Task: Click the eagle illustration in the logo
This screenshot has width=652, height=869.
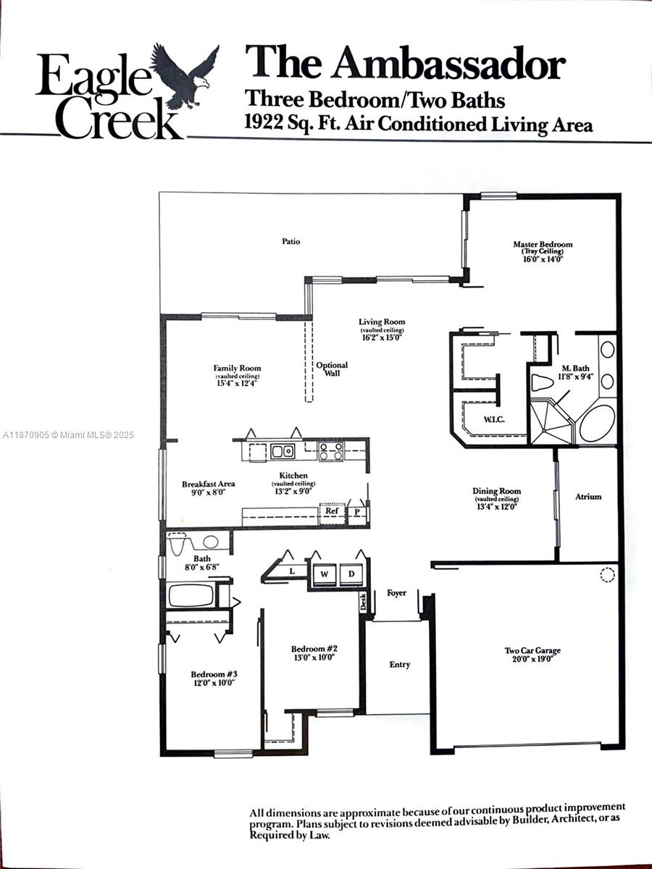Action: click(184, 75)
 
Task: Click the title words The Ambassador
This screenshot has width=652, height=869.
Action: click(404, 63)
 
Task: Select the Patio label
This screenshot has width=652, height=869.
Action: click(291, 241)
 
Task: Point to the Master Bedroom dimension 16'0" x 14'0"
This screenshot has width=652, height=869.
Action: click(542, 259)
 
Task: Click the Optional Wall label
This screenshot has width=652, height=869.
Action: click(332, 369)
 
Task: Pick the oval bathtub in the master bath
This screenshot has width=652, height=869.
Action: click(597, 422)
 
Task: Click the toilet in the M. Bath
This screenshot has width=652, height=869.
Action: click(543, 382)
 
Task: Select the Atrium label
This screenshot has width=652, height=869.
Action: click(588, 497)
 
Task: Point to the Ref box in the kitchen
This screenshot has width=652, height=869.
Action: click(332, 511)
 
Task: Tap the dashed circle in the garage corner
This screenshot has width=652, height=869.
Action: click(607, 576)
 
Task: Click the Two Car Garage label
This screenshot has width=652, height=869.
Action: click(532, 650)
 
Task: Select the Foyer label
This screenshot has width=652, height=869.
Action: click(396, 593)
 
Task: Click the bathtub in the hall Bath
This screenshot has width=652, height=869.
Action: click(191, 596)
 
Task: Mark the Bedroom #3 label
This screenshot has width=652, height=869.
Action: click(214, 673)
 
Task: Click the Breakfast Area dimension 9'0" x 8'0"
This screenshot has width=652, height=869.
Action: click(209, 492)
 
